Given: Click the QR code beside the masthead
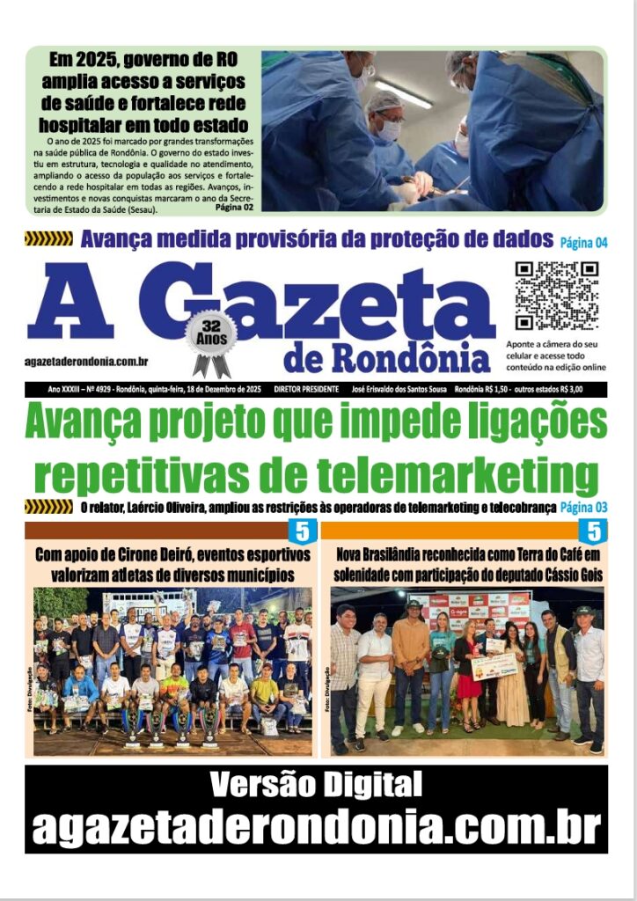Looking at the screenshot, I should point(556,296).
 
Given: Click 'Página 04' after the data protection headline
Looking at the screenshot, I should point(583,240).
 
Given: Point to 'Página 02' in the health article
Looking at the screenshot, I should point(233,208).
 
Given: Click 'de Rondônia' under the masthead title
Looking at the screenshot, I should point(387,357).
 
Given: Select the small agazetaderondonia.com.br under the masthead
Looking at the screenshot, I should point(86,362).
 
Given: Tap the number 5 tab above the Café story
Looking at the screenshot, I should point(593,531).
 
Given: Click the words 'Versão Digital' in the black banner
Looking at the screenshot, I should point(316,783).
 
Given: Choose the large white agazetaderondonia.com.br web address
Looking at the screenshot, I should point(316,827).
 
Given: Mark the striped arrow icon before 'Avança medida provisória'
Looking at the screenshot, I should point(48,238).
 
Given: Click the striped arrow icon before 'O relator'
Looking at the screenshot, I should point(48,506).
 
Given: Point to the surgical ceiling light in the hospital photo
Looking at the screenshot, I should point(404,93).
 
